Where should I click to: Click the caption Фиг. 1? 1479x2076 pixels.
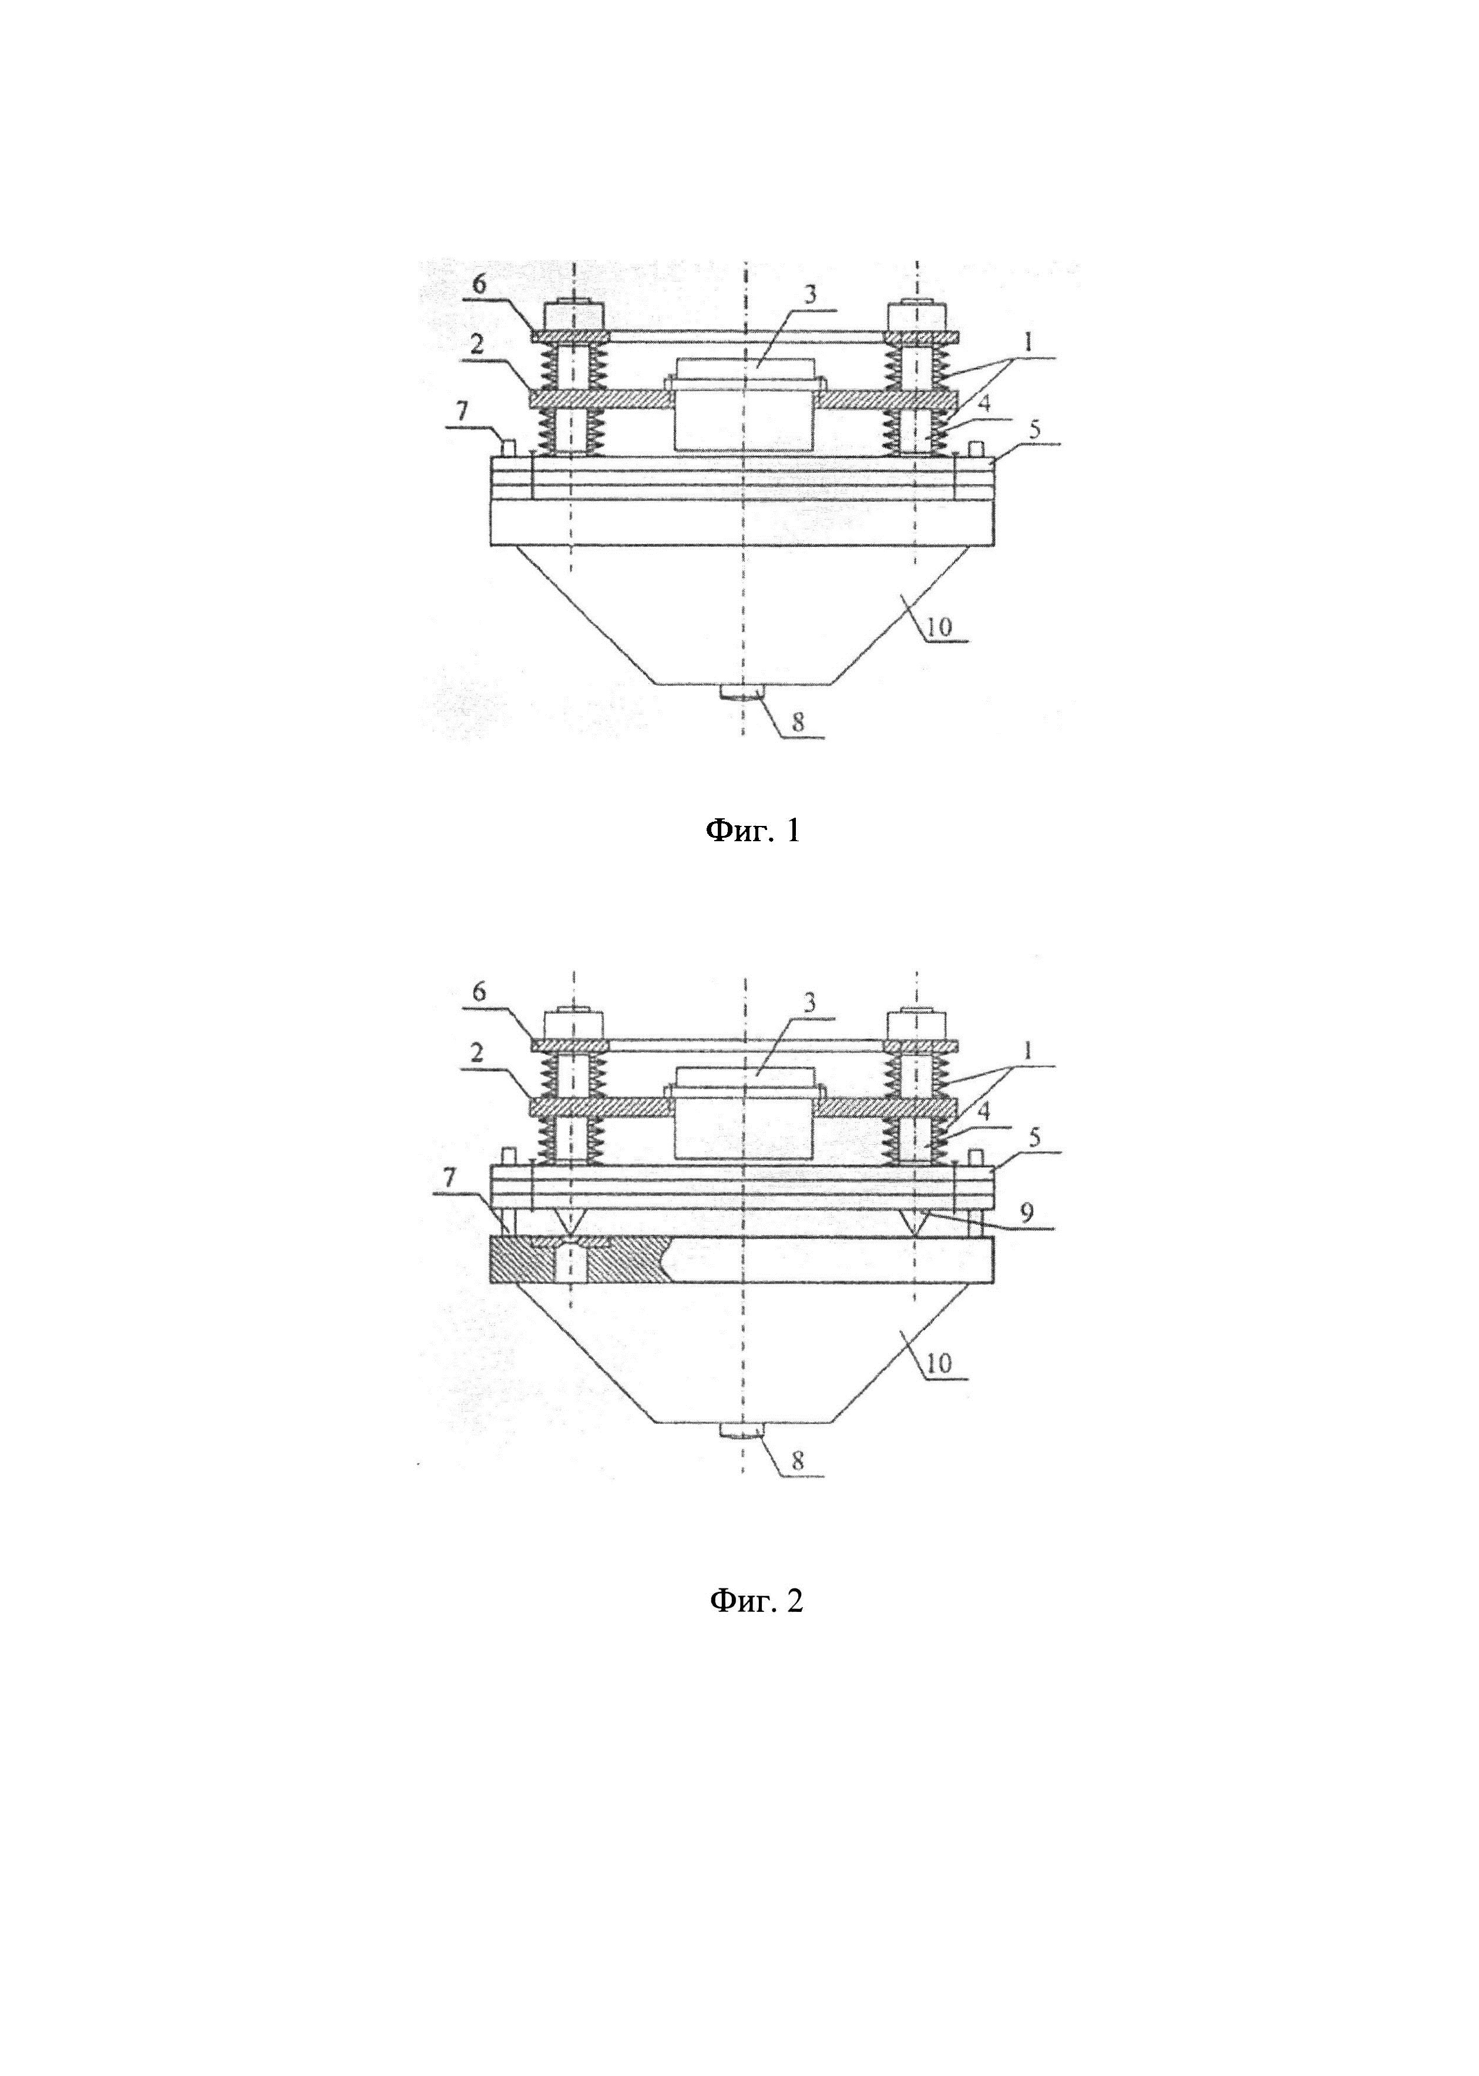pyautogui.click(x=754, y=831)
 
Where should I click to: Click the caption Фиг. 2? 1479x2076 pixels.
pyautogui.click(x=756, y=1601)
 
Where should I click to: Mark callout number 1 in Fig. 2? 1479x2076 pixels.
pyautogui.click(x=1028, y=1051)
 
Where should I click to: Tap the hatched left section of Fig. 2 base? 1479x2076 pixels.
pyautogui.click(x=537, y=1262)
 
